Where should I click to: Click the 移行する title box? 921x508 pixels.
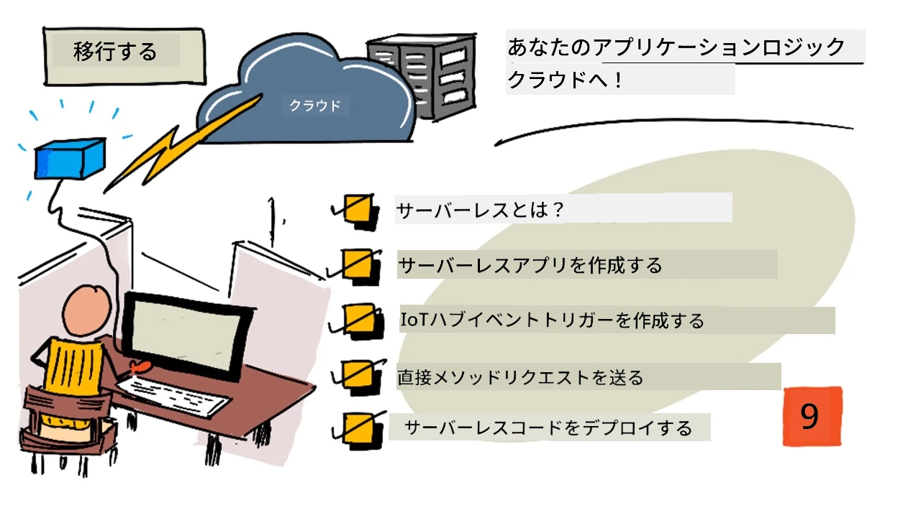(x=124, y=56)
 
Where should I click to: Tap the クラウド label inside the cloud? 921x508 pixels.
(x=315, y=106)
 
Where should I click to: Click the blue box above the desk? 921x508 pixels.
(x=70, y=159)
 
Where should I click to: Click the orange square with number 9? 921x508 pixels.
(x=812, y=416)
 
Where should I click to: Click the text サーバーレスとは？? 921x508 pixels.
(x=479, y=210)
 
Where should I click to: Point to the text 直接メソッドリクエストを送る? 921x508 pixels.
(x=520, y=377)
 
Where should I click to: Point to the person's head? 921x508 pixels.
(x=87, y=311)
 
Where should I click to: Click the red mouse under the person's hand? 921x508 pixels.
(x=139, y=366)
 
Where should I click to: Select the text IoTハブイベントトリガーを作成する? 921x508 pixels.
(x=552, y=320)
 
